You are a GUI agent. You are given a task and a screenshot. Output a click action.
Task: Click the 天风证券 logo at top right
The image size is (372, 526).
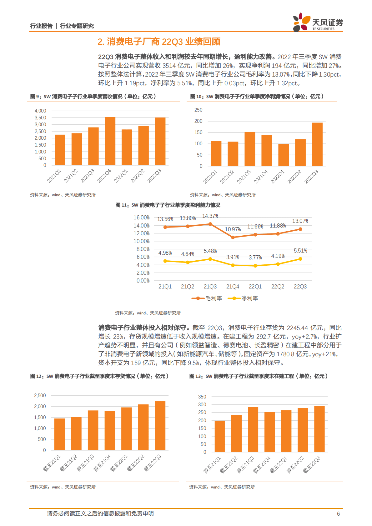(x=318, y=23)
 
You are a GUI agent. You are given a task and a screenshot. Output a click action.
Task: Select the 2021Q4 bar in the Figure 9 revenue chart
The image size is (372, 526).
(x=110, y=141)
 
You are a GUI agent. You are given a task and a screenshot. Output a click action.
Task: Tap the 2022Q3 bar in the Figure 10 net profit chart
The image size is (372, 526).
(x=317, y=144)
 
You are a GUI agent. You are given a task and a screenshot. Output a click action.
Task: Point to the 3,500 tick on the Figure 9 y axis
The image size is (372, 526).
(x=40, y=118)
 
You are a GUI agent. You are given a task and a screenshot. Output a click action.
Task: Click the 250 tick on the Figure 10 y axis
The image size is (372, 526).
(x=198, y=110)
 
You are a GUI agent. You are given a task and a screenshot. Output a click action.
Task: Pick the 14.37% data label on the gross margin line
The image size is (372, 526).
(x=210, y=216)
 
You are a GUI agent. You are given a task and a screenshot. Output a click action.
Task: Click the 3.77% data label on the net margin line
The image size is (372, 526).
(x=255, y=258)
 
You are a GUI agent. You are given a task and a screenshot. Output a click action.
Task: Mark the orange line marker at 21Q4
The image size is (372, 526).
(x=233, y=238)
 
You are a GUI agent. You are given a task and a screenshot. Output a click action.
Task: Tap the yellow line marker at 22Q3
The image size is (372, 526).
(x=300, y=259)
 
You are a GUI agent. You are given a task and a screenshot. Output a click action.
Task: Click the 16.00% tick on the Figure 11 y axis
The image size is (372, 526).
(x=141, y=218)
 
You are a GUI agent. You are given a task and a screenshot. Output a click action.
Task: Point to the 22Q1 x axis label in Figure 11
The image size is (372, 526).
(x=255, y=287)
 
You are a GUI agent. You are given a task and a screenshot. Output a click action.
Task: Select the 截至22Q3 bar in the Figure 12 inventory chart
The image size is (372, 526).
(x=160, y=426)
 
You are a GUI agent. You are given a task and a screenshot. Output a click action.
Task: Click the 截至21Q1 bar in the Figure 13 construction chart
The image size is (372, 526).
(x=220, y=436)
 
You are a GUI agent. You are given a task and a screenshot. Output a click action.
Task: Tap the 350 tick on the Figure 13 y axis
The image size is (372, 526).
(x=202, y=397)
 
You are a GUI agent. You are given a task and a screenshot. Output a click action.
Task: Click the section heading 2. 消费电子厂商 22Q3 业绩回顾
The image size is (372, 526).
(x=159, y=42)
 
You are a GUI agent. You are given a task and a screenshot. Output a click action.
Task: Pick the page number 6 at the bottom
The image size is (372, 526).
(x=338, y=514)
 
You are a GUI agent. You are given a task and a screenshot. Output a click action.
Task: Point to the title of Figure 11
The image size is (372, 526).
(x=168, y=205)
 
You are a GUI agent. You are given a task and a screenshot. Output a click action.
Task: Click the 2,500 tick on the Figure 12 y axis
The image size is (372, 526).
(x=40, y=396)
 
